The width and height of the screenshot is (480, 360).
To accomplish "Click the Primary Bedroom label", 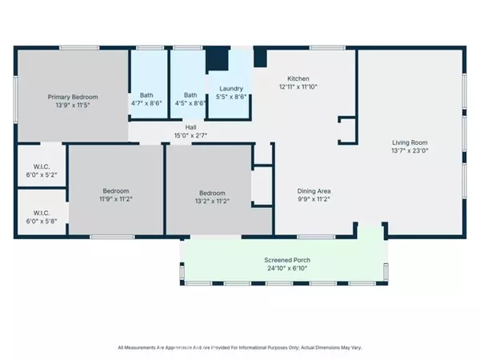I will point(74,95).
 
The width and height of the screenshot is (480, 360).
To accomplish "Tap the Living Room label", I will point(410,142).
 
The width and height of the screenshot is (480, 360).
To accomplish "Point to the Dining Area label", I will point(314,191).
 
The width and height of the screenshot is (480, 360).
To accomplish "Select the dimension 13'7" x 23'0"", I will point(410,151).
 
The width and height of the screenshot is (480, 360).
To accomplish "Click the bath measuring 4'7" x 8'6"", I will point(146,98).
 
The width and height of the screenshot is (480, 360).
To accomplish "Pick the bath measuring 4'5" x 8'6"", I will point(190,98).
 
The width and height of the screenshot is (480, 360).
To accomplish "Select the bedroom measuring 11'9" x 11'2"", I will point(115,195).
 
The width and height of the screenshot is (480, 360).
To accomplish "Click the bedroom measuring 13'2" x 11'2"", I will point(212,197).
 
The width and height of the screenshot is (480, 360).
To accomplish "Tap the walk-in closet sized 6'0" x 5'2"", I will point(40,170).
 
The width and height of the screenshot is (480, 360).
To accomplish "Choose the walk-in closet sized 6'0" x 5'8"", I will point(40,217).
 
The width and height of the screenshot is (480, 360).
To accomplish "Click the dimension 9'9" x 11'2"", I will point(314,200).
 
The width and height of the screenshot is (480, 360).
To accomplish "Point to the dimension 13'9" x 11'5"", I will point(74,104).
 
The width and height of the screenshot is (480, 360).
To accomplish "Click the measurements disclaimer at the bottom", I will point(240,347).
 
